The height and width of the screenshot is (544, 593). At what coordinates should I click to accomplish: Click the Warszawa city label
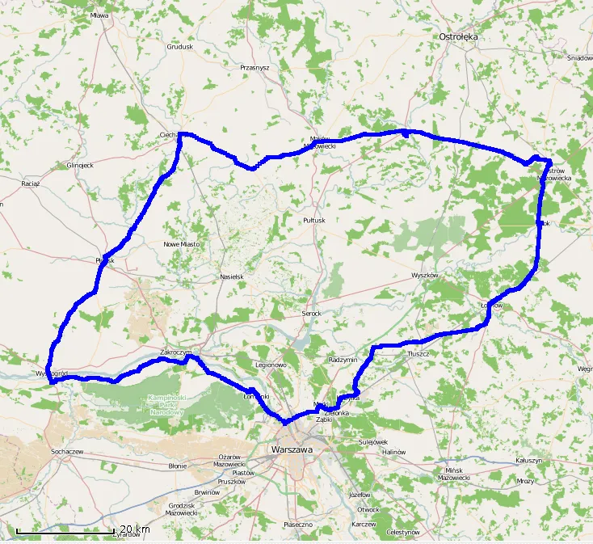(x=292, y=448)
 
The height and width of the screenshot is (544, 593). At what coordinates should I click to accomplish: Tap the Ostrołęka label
(x=458, y=37)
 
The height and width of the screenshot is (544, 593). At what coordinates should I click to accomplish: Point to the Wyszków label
(x=424, y=275)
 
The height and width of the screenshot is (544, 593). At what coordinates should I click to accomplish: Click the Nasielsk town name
(x=231, y=276)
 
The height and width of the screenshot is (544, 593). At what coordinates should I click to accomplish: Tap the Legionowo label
(x=271, y=365)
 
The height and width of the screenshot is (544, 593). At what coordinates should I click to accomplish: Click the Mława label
(x=100, y=15)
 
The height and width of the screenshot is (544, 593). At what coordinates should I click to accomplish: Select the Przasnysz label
(x=254, y=68)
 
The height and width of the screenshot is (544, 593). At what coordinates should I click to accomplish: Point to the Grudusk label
(x=179, y=47)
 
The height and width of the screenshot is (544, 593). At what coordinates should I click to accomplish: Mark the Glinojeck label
(x=80, y=165)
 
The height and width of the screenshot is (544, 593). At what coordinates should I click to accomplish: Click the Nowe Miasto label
(x=181, y=244)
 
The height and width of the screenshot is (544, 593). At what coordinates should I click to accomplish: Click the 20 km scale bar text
(x=135, y=529)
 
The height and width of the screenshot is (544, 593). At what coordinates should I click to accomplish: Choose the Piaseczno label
(x=298, y=525)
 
